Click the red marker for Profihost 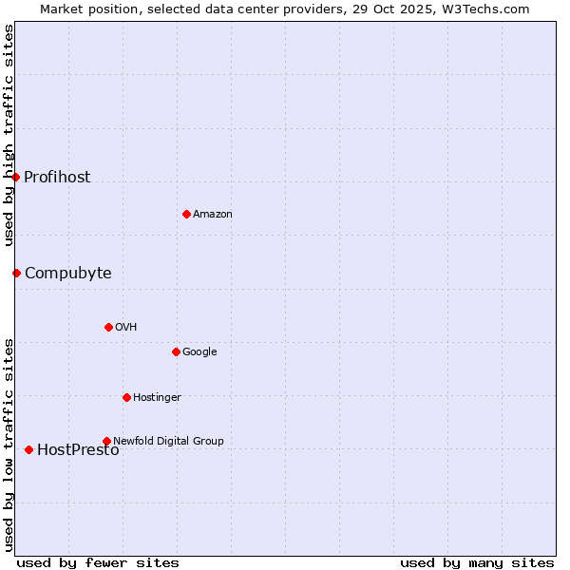(16, 177)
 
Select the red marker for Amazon (186, 214)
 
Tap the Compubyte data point (16, 273)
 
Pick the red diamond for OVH (108, 327)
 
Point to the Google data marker (176, 351)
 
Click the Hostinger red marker (126, 397)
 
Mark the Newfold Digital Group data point (106, 441)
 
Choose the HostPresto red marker (28, 449)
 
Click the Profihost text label (57, 178)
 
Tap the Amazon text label (213, 215)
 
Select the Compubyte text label (67, 274)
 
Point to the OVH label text (126, 328)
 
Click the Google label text (199, 352)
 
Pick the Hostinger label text (157, 398)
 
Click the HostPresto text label (78, 450)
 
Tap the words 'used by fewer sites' (98, 562)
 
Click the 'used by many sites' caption (477, 562)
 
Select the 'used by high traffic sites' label (9, 135)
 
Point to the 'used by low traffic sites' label (9, 444)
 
